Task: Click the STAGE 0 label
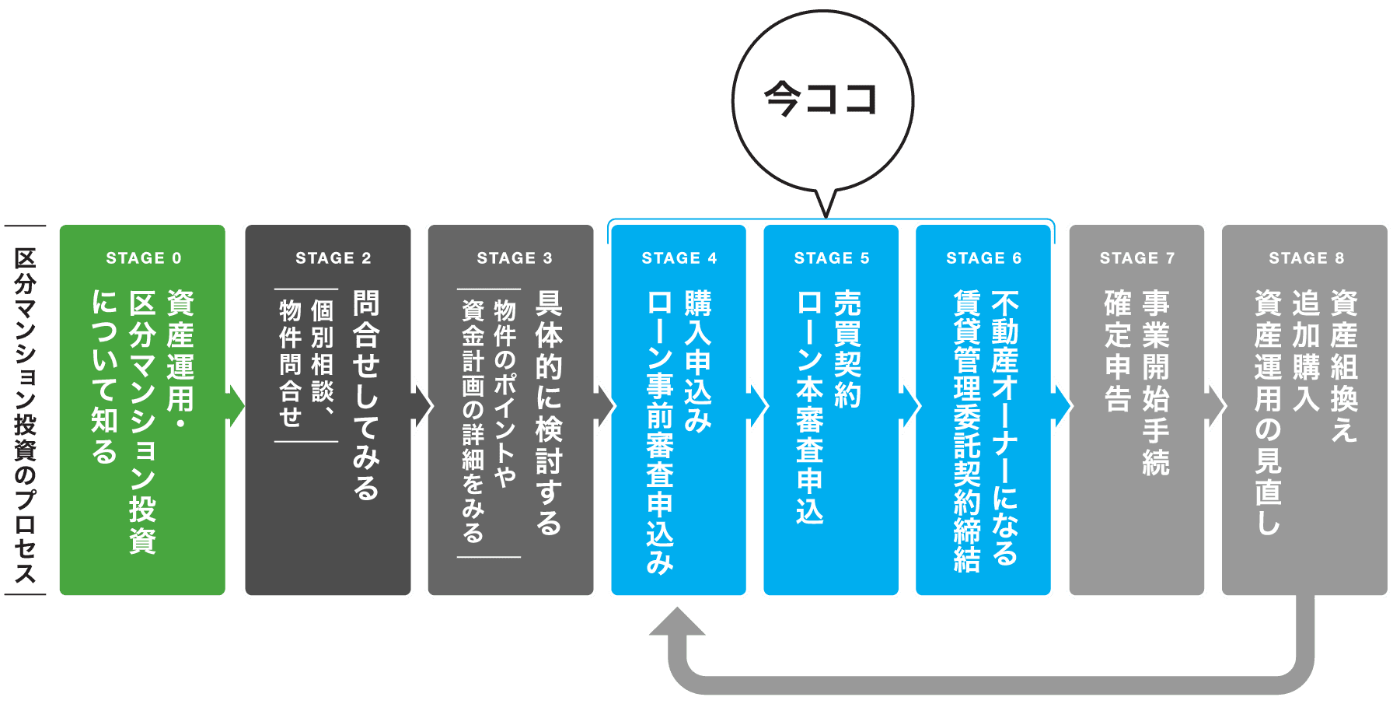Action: pyautogui.click(x=144, y=258)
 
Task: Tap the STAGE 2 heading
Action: pyautogui.click(x=333, y=258)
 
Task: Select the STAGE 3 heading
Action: pyautogui.click(x=514, y=258)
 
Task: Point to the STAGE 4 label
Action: pyautogui.click(x=679, y=258)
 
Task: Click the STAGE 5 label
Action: pyautogui.click(x=831, y=258)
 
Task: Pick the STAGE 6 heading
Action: pyautogui.click(x=983, y=258)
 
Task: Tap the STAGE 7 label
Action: pyautogui.click(x=1136, y=258)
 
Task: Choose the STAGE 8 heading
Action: pyautogui.click(x=1306, y=258)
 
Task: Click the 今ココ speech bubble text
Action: pyautogui.click(x=821, y=100)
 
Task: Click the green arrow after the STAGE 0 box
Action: pyautogui.click(x=235, y=405)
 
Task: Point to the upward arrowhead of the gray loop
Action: pyautogui.click(x=677, y=623)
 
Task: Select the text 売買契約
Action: pyautogui.click(x=847, y=349)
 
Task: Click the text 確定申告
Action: pyautogui.click(x=1118, y=350)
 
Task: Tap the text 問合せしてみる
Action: pyautogui.click(x=366, y=394)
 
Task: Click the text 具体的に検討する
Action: pyautogui.click(x=549, y=413)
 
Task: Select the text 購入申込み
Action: pyautogui.click(x=697, y=361)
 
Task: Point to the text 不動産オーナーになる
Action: pyautogui.click(x=1004, y=428)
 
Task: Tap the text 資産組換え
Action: pyautogui.click(x=1344, y=366)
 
